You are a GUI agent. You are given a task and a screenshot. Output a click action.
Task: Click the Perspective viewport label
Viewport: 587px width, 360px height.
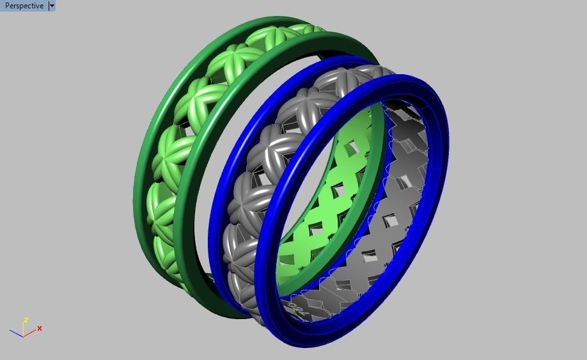[24, 6]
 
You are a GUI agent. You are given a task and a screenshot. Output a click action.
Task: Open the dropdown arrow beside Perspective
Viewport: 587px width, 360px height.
[52, 6]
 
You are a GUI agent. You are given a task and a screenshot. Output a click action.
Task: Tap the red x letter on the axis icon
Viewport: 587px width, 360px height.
[40, 328]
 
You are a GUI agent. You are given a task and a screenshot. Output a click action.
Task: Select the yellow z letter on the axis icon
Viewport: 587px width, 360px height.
[26, 319]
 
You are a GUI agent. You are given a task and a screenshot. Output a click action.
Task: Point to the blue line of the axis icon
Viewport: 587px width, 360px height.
[17, 333]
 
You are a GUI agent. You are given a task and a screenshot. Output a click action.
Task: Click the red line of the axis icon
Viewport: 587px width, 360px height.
[30, 332]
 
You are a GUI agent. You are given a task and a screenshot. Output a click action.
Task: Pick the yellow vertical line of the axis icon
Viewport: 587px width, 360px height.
[24, 327]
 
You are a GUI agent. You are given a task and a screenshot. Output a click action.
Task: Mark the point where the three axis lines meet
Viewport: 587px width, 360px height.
[24, 335]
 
